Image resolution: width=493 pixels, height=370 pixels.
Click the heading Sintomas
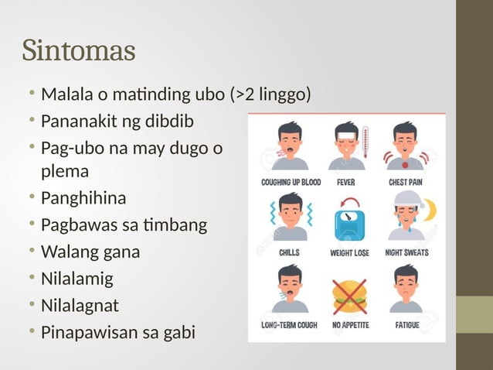(79, 51)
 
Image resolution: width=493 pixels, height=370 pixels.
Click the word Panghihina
(83, 199)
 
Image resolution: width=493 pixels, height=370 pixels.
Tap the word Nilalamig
(76, 279)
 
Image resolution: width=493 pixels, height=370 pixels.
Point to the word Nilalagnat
(80, 305)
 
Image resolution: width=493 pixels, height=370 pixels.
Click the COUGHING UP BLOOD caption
(290, 183)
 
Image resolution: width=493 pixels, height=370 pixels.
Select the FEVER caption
(345, 183)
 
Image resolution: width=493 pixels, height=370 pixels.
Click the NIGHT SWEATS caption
(406, 253)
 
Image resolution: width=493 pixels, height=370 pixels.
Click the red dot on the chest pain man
(406, 164)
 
